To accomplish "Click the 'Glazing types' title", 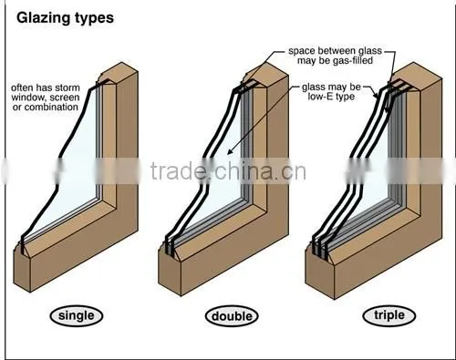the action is click(x=65, y=18).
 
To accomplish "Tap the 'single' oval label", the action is click(x=77, y=315).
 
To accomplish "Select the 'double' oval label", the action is click(x=232, y=316).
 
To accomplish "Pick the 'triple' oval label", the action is click(x=389, y=315).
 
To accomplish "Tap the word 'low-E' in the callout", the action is click(x=318, y=97).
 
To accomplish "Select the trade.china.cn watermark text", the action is click(x=228, y=171).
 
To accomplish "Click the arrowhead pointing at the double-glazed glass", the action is click(x=230, y=151).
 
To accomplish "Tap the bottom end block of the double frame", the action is click(x=170, y=273).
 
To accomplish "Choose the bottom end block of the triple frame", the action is click(x=319, y=273).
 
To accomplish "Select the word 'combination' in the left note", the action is click(x=51, y=108).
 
